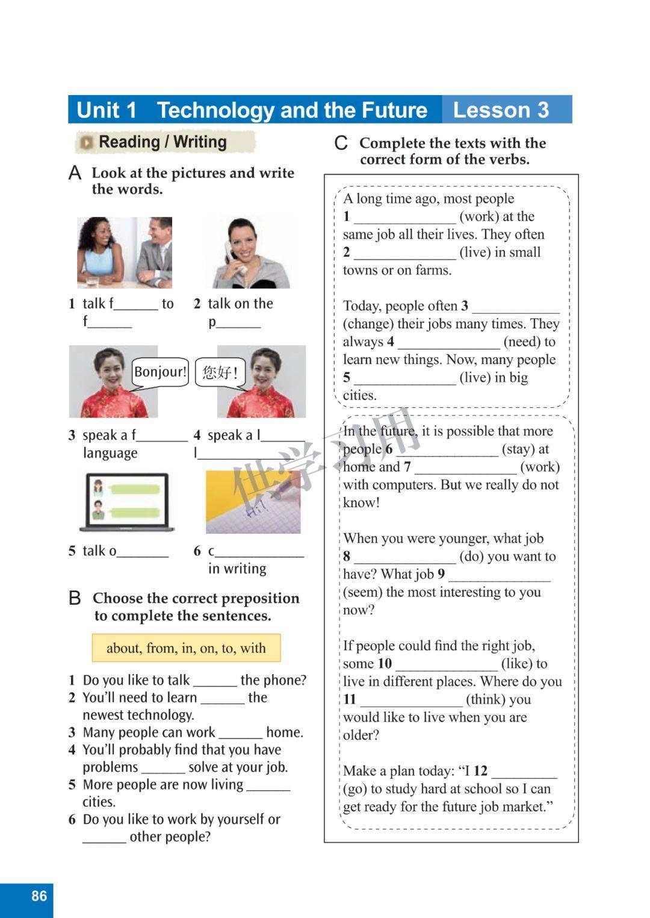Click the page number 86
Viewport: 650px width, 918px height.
click(x=39, y=896)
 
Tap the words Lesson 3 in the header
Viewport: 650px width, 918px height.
click(x=501, y=110)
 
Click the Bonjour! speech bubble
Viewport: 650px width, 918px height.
click(x=160, y=372)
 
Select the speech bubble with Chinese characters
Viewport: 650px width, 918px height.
click(x=220, y=372)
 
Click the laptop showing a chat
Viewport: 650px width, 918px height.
click(x=127, y=502)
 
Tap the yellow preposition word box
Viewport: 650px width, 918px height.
click(x=186, y=648)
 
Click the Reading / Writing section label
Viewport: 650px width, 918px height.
click(x=162, y=142)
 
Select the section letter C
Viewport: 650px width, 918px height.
click(x=341, y=143)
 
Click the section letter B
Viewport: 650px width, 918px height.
click(x=75, y=598)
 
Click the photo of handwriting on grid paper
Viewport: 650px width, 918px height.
click(x=253, y=502)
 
